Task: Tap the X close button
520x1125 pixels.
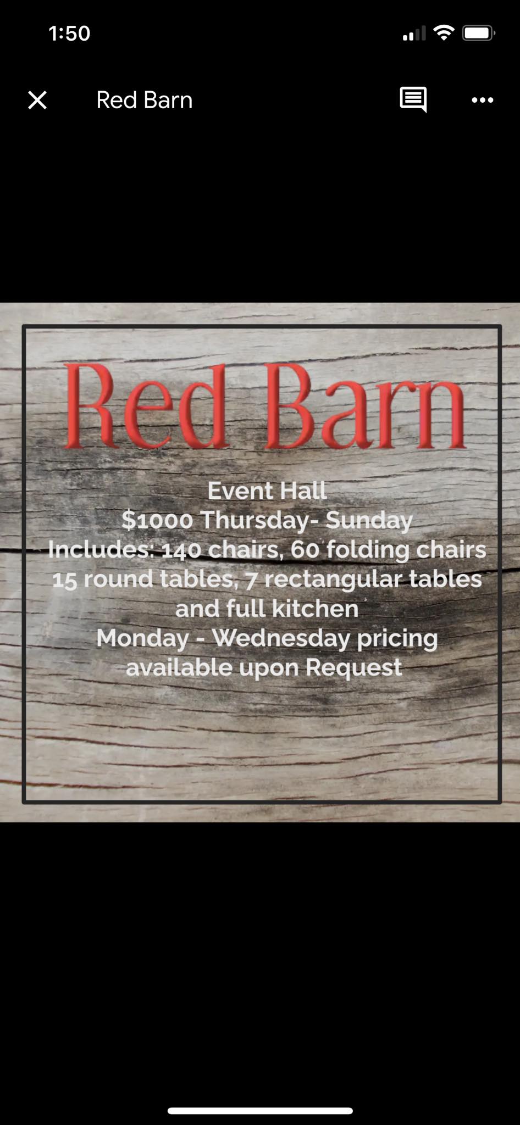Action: tap(37, 100)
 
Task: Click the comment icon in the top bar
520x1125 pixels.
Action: tap(413, 99)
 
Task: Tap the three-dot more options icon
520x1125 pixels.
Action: tap(483, 100)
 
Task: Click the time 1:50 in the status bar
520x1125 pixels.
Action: tap(69, 34)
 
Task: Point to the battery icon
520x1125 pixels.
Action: tap(479, 34)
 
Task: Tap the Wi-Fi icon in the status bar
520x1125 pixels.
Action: tap(444, 33)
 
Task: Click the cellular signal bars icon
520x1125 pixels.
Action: tap(414, 34)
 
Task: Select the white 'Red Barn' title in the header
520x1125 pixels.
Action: tap(145, 100)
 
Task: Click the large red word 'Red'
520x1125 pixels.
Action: tap(146, 406)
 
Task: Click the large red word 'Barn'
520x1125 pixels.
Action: tap(366, 406)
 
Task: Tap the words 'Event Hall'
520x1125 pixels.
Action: tap(267, 491)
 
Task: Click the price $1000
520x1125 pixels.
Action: tap(157, 520)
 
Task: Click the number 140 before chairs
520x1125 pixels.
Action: tap(181, 550)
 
